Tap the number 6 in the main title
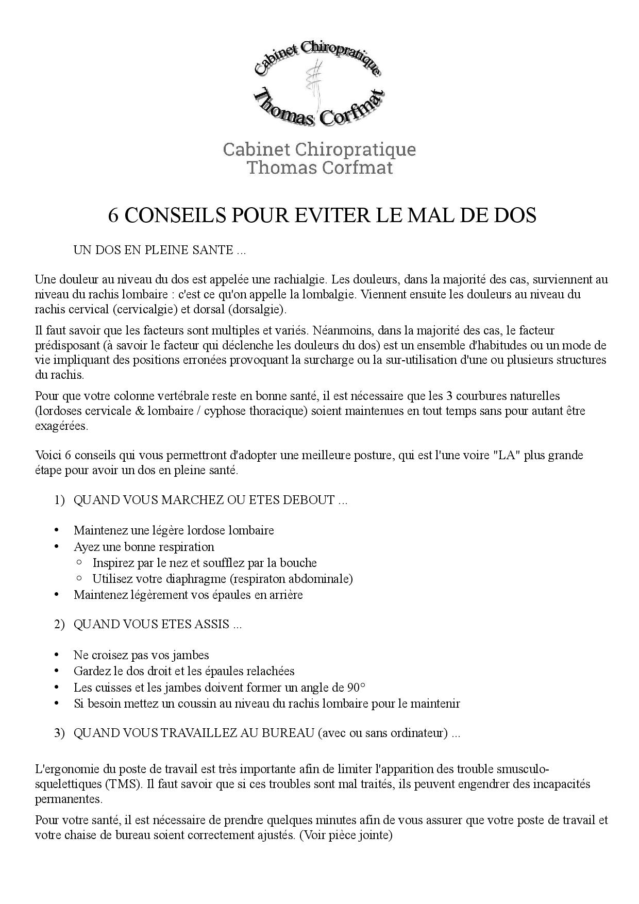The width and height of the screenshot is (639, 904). [113, 215]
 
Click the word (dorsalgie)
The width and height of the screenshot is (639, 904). [258, 310]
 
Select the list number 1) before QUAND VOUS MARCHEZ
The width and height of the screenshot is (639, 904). [59, 500]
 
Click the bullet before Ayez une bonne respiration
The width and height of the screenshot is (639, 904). [56, 547]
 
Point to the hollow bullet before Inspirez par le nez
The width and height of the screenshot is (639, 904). [79, 562]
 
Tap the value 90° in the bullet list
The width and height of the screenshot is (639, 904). [356, 688]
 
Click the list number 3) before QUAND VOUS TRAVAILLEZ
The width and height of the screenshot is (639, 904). [59, 733]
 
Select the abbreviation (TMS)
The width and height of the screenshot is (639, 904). [124, 785]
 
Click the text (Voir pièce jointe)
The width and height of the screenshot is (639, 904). [346, 835]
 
